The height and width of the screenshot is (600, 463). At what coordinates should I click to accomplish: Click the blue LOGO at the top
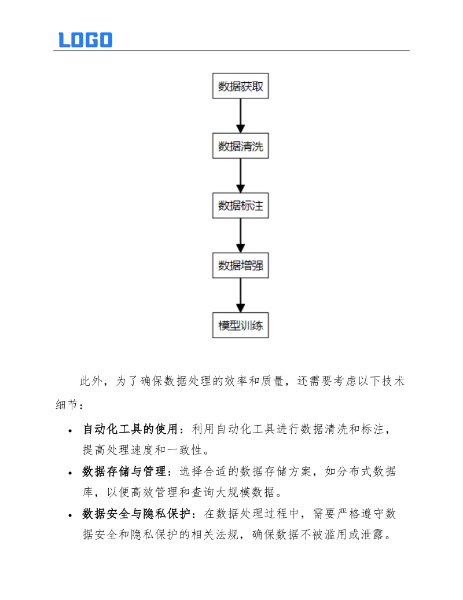point(85,39)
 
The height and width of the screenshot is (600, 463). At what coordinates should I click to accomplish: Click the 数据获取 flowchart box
point(241,87)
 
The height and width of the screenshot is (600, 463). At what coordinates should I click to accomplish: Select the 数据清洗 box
point(241,147)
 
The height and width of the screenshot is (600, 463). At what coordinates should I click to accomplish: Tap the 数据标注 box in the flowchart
point(241,206)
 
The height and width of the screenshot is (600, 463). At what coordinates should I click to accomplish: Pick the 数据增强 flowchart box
point(241,266)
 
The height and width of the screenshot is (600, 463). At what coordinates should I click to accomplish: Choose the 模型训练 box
point(241,325)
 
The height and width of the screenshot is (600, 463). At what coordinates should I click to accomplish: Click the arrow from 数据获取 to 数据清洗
point(241,116)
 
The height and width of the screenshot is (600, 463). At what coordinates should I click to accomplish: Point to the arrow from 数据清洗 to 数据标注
point(241,176)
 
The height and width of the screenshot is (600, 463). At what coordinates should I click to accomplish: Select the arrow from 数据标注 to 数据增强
point(241,236)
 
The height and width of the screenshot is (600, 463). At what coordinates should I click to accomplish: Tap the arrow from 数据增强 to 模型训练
point(241,295)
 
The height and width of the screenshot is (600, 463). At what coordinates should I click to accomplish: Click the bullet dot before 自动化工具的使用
point(70,431)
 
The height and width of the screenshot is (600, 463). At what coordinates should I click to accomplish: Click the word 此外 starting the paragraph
point(90,381)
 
